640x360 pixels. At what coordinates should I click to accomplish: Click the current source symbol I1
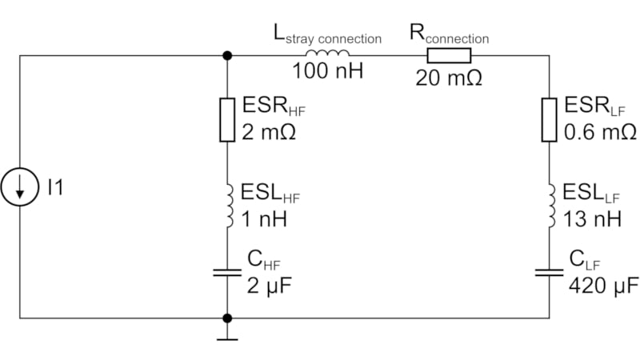(20, 188)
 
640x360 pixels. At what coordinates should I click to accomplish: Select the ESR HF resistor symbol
(228, 120)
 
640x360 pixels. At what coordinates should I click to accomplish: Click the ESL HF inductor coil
(228, 205)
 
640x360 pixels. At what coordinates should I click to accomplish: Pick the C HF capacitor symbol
(228, 272)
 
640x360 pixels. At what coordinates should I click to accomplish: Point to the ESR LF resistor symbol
(549, 120)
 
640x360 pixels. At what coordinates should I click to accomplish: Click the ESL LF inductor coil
(549, 206)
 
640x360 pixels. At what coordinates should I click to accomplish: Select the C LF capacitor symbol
(549, 272)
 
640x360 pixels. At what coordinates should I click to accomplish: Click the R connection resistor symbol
(449, 55)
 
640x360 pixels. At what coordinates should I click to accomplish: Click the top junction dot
(228, 55)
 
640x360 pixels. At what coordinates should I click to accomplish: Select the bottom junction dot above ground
(228, 318)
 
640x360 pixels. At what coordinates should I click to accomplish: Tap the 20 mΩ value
(449, 77)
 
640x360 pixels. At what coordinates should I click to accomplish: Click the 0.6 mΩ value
(599, 130)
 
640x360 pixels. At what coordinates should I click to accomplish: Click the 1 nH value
(265, 217)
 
